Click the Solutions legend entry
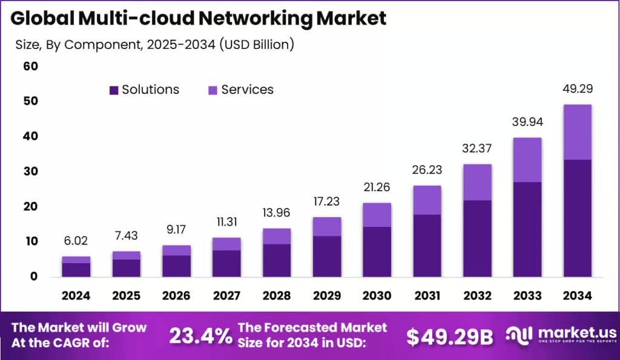tap(144, 90)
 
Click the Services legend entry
tap(241, 90)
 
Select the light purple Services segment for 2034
tap(577, 132)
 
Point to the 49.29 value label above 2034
tap(577, 89)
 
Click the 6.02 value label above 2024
tap(76, 241)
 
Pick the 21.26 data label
tap(377, 187)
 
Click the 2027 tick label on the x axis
tap(226, 296)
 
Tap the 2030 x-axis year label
tap(377, 296)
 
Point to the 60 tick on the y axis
tap(30, 66)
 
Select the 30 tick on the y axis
tap(30, 171)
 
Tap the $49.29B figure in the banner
tap(449, 336)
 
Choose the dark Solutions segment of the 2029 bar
tap(327, 256)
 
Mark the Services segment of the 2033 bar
tap(527, 160)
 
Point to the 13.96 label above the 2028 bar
tap(277, 213)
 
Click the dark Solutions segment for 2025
tap(126, 267)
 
